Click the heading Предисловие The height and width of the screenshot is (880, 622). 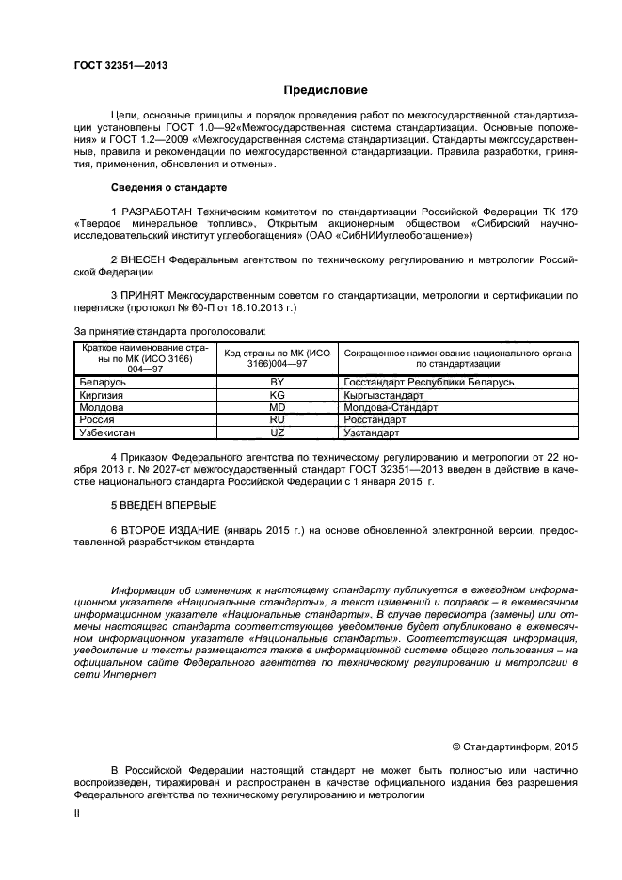tap(327, 91)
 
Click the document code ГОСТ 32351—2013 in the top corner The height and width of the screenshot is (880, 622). tap(120, 65)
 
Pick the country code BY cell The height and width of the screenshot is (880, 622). tap(277, 384)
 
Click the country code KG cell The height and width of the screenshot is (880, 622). tap(277, 396)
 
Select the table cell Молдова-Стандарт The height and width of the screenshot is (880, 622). tap(391, 408)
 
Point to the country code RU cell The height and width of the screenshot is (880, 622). tap(277, 420)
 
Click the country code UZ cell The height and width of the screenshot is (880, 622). tap(277, 432)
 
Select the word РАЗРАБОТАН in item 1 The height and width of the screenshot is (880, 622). tap(161, 212)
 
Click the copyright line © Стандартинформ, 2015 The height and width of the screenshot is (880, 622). tap(515, 746)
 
